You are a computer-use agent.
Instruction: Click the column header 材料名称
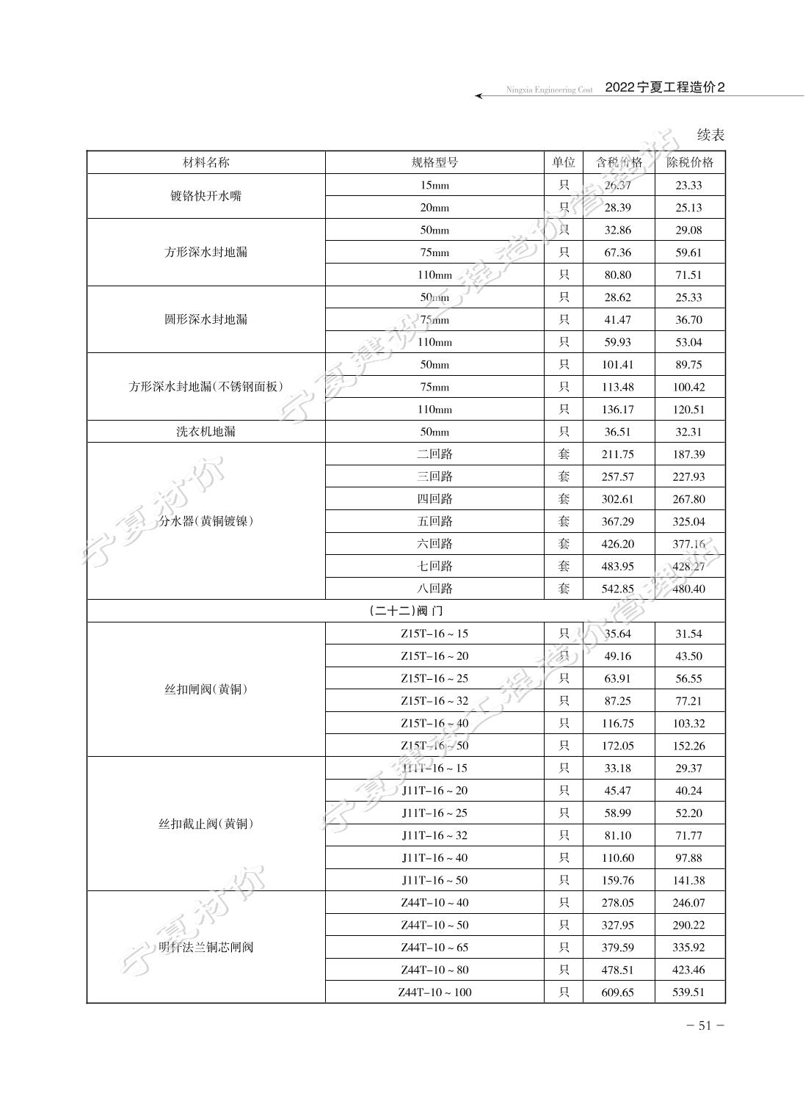[206, 163]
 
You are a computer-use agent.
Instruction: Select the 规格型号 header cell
[434, 163]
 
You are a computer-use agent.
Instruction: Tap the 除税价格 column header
[689, 163]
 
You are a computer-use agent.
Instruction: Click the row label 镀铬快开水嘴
[206, 196]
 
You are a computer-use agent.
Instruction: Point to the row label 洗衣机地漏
[206, 432]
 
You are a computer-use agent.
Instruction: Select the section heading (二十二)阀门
[406, 611]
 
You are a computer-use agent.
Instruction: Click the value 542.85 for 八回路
[617, 589]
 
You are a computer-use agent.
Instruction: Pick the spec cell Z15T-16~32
[434, 701]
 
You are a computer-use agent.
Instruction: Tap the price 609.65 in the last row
[617, 992]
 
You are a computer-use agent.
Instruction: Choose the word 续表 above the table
[710, 135]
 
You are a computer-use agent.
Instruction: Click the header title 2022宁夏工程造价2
[665, 87]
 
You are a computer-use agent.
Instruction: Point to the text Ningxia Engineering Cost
[549, 90]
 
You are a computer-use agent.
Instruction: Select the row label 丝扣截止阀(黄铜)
[206, 824]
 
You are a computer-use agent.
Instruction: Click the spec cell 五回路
[434, 521]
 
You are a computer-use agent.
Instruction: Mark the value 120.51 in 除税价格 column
[689, 410]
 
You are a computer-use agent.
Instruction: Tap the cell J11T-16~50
[434, 880]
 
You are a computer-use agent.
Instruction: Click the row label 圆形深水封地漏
[206, 319]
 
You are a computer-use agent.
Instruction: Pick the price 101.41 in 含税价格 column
[617, 365]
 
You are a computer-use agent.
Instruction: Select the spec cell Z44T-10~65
[434, 948]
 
